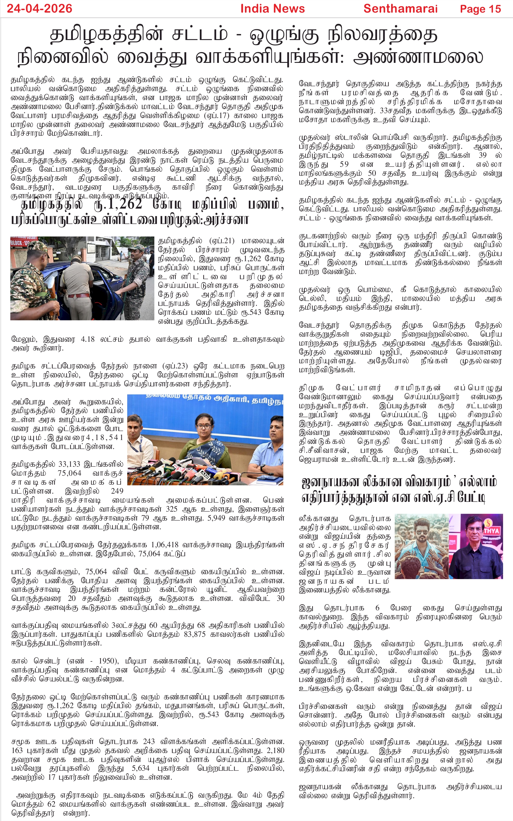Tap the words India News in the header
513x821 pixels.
coord(272,8)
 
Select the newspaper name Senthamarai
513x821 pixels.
coord(400,8)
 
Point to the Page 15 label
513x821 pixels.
coord(480,9)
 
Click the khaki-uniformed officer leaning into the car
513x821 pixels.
coord(78,278)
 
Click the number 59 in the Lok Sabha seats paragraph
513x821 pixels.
coord(344,164)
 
